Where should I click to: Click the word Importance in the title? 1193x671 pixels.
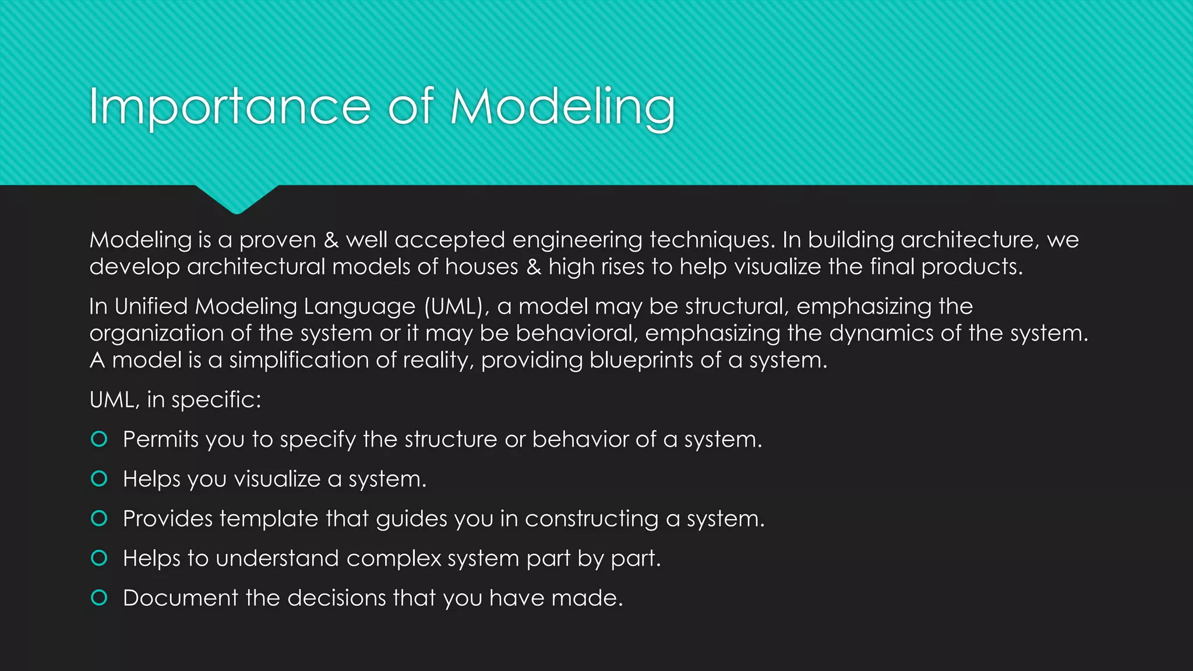pos(230,107)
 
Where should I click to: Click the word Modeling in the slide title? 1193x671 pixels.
pos(563,107)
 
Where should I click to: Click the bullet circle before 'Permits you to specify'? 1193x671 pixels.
pos(100,439)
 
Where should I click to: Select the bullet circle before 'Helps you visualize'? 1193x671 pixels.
pos(100,479)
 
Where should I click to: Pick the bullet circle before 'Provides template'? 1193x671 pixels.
pos(100,518)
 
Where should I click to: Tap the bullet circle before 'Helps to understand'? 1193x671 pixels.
pos(100,558)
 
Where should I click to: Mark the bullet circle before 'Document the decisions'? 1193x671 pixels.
pos(100,598)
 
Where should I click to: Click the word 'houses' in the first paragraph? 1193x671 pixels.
pos(481,267)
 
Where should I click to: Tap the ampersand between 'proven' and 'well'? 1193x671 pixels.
pos(331,240)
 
